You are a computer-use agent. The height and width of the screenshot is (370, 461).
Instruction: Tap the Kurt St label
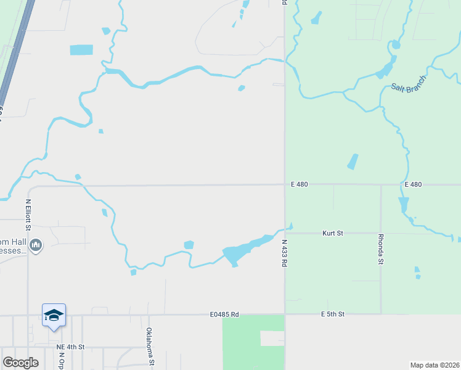pos(333,233)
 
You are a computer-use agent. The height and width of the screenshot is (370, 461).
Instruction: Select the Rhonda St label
pos(381,249)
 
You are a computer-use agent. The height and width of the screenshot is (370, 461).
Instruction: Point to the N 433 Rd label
pos(285,253)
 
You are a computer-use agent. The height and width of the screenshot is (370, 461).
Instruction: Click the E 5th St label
pos(333,314)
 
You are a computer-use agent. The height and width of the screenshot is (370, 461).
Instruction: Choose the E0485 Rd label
pos(224,314)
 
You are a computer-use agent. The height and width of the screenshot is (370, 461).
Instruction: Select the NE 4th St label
pos(70,348)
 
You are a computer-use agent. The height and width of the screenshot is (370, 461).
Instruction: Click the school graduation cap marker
pos(54,315)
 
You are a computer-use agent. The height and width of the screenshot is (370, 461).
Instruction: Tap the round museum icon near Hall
pos(36,246)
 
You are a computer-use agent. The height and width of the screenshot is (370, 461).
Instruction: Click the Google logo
pos(20,363)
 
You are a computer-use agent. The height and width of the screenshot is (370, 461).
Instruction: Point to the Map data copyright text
pos(434,364)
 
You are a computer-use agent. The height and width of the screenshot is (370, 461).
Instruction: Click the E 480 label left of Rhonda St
pos(300,184)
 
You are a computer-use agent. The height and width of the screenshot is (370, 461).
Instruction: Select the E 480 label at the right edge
pos(413,184)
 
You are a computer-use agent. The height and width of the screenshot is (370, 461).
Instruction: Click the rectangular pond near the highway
pos(81,50)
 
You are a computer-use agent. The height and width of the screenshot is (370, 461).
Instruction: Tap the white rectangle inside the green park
pos(272,338)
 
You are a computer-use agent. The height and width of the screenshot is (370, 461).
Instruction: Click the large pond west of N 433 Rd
pos(235,253)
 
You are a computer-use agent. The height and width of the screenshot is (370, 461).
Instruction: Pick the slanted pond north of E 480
pos(353,161)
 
